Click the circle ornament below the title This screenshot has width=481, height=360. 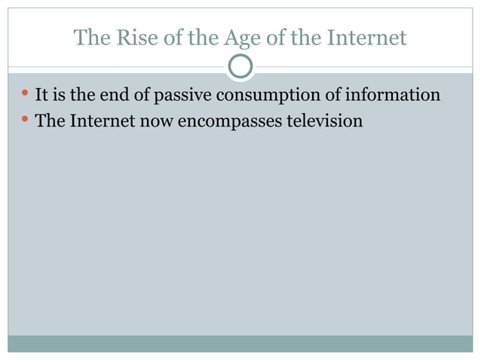click(x=240, y=66)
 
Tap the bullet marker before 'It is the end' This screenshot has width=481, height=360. click(x=25, y=95)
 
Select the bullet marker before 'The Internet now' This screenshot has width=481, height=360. click(x=25, y=119)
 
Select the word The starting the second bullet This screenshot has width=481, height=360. click(x=51, y=121)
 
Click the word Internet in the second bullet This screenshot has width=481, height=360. click(x=104, y=121)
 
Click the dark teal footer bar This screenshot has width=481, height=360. click(x=240, y=343)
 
